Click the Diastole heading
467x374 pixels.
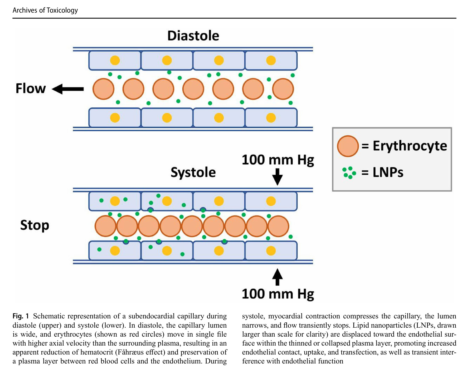click(x=193, y=36)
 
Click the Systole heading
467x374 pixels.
click(x=193, y=172)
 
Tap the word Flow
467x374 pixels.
click(x=31, y=88)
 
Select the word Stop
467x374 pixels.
click(x=35, y=225)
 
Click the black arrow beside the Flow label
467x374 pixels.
click(x=68, y=89)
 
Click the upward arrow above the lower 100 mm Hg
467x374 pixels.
click(x=277, y=277)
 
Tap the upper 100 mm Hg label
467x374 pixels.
click(x=278, y=160)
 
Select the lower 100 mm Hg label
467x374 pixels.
click(x=278, y=294)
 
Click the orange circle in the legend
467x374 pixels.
click(x=348, y=146)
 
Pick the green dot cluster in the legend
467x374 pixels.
click(x=349, y=173)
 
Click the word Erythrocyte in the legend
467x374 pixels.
click(x=410, y=146)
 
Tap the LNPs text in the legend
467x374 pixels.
click(x=388, y=173)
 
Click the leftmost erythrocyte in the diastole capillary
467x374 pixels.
click(x=103, y=89)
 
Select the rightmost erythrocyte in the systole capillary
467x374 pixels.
click(x=278, y=226)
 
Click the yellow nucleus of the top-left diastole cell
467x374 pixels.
click(x=115, y=60)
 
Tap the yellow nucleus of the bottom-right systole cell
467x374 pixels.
click(x=271, y=251)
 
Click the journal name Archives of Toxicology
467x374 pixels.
click(x=45, y=10)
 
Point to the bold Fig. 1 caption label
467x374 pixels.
click(x=21, y=316)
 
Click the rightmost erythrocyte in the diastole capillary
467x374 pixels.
click(x=283, y=89)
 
